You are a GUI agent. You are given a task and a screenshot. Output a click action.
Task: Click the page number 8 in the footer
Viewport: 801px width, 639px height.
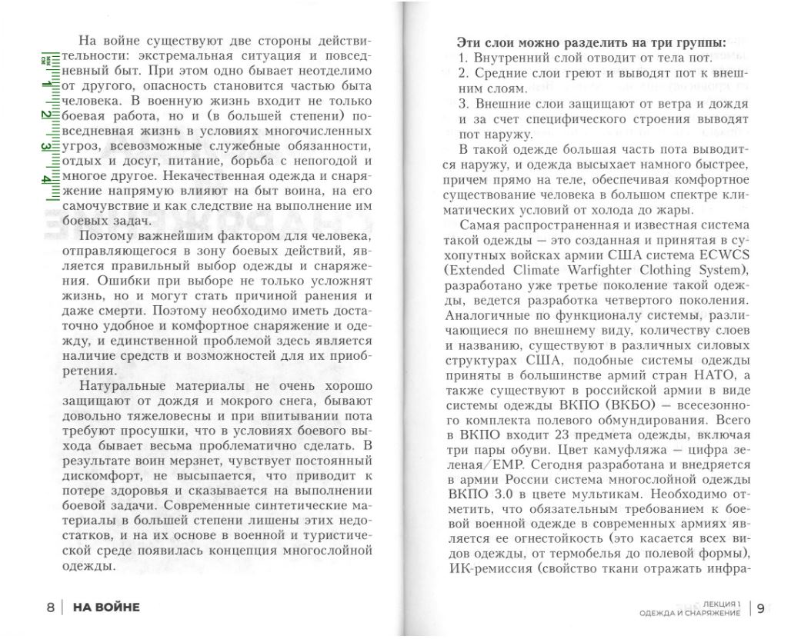click(x=51, y=607)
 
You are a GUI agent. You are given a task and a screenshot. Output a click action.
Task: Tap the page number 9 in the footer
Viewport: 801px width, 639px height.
click(x=760, y=609)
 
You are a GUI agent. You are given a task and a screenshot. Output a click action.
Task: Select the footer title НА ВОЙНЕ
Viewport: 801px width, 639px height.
click(x=106, y=607)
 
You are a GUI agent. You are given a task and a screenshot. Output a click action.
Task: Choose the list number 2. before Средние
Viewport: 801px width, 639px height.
click(x=463, y=73)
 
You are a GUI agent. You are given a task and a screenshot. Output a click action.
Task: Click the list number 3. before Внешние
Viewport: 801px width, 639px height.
click(x=463, y=104)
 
